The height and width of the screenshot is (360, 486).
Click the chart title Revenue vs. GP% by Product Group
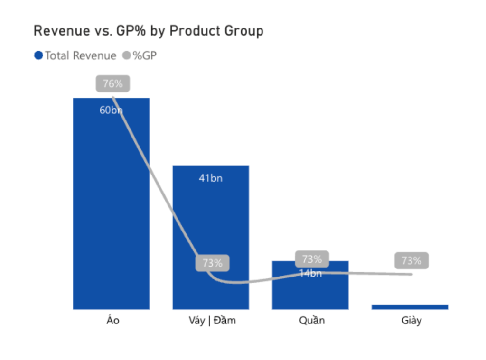(148, 31)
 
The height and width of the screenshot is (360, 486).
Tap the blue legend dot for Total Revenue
(38, 56)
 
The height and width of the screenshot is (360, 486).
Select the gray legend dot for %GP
(126, 56)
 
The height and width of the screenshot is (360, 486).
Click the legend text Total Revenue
(80, 56)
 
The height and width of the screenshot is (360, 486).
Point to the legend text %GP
(144, 56)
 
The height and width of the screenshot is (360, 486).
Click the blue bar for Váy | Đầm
(211, 223)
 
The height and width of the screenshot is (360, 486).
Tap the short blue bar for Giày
(410, 307)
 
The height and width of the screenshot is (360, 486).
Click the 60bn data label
(111, 111)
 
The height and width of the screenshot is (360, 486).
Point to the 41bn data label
(211, 178)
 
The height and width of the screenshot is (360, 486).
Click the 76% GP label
(113, 84)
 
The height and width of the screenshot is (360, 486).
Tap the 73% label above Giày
(411, 260)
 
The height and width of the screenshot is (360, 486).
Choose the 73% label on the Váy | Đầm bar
(213, 263)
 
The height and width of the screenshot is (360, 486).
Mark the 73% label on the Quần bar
(312, 259)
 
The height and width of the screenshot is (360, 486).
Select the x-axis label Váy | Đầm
(212, 321)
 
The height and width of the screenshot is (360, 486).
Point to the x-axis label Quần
(312, 321)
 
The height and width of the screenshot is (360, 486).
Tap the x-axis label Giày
(411, 321)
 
